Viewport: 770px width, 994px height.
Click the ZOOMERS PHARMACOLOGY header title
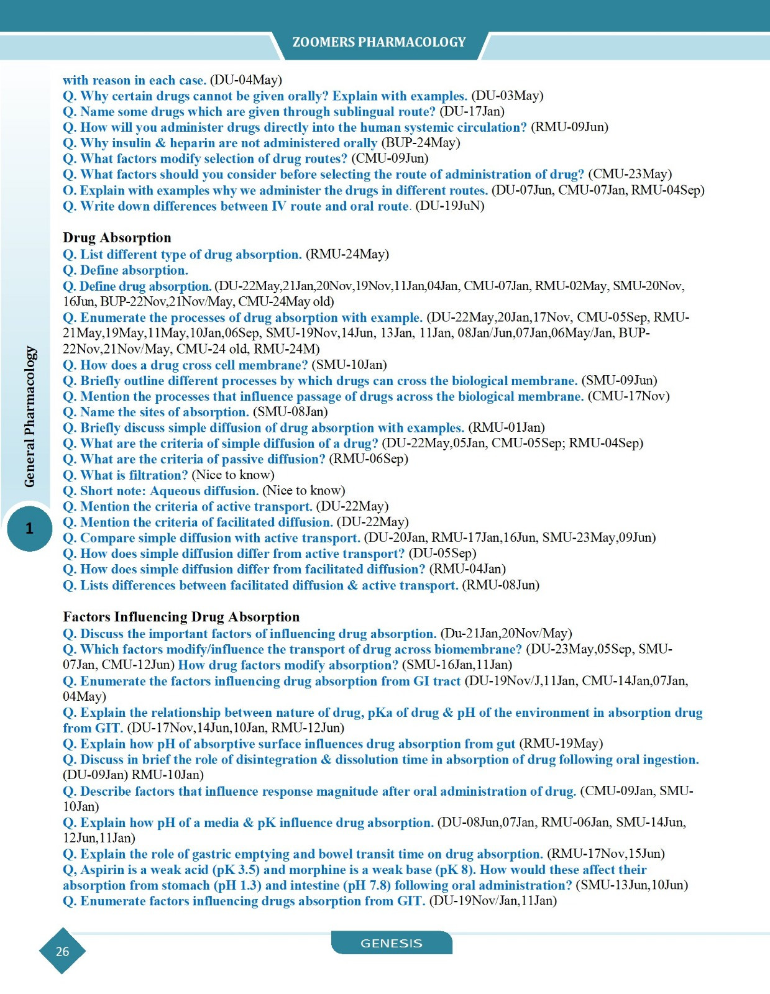point(378,42)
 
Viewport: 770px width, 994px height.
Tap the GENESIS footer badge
point(391,943)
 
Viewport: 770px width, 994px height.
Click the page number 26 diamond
point(62,951)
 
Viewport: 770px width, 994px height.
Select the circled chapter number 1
point(29,529)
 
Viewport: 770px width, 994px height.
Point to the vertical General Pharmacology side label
point(30,416)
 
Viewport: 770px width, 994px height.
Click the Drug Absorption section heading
point(117,238)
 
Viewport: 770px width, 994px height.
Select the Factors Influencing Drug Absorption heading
point(181,617)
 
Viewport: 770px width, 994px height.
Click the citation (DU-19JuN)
point(449,206)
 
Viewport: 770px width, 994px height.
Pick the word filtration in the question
point(158,475)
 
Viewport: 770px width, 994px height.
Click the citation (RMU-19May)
point(561,744)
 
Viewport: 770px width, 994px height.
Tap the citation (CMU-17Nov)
point(628,396)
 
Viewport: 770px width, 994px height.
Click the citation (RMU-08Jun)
point(500,585)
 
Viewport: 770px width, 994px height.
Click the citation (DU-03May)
point(507,96)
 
